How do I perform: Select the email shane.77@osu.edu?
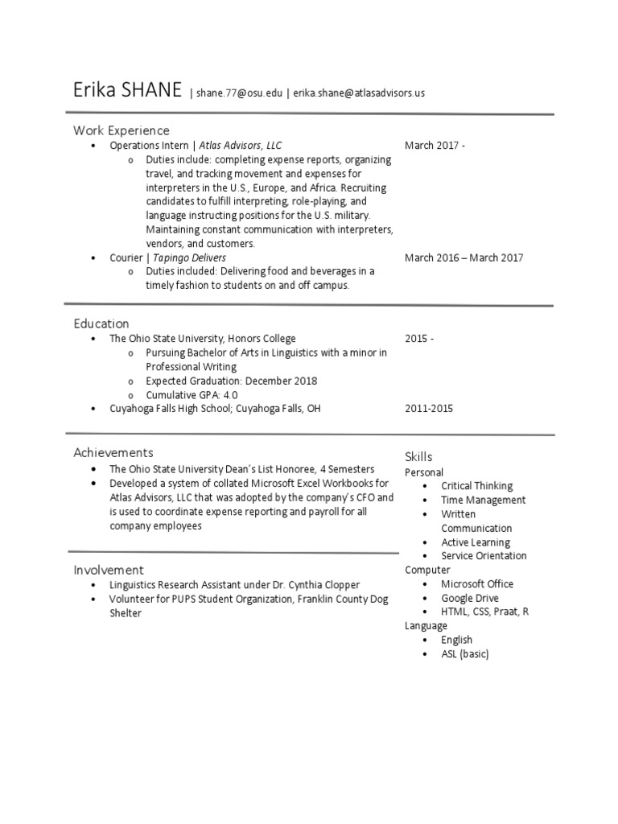tap(239, 93)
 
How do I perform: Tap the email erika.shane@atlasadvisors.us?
tap(358, 93)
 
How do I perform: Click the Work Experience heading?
tap(122, 130)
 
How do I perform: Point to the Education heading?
tap(101, 323)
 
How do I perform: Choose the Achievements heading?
tap(113, 453)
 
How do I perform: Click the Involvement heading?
tap(109, 570)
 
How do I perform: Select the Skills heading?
tap(418, 457)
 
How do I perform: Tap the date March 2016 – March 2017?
tap(463, 257)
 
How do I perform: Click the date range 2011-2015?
tap(428, 409)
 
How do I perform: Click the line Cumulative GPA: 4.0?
tap(192, 395)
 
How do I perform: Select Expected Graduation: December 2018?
tap(231, 381)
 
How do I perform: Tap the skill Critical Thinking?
tap(476, 486)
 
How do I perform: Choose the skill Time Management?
tap(483, 500)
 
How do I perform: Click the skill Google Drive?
tap(469, 598)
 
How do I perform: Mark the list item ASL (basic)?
tap(464, 654)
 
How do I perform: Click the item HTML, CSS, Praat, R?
tap(484, 612)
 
